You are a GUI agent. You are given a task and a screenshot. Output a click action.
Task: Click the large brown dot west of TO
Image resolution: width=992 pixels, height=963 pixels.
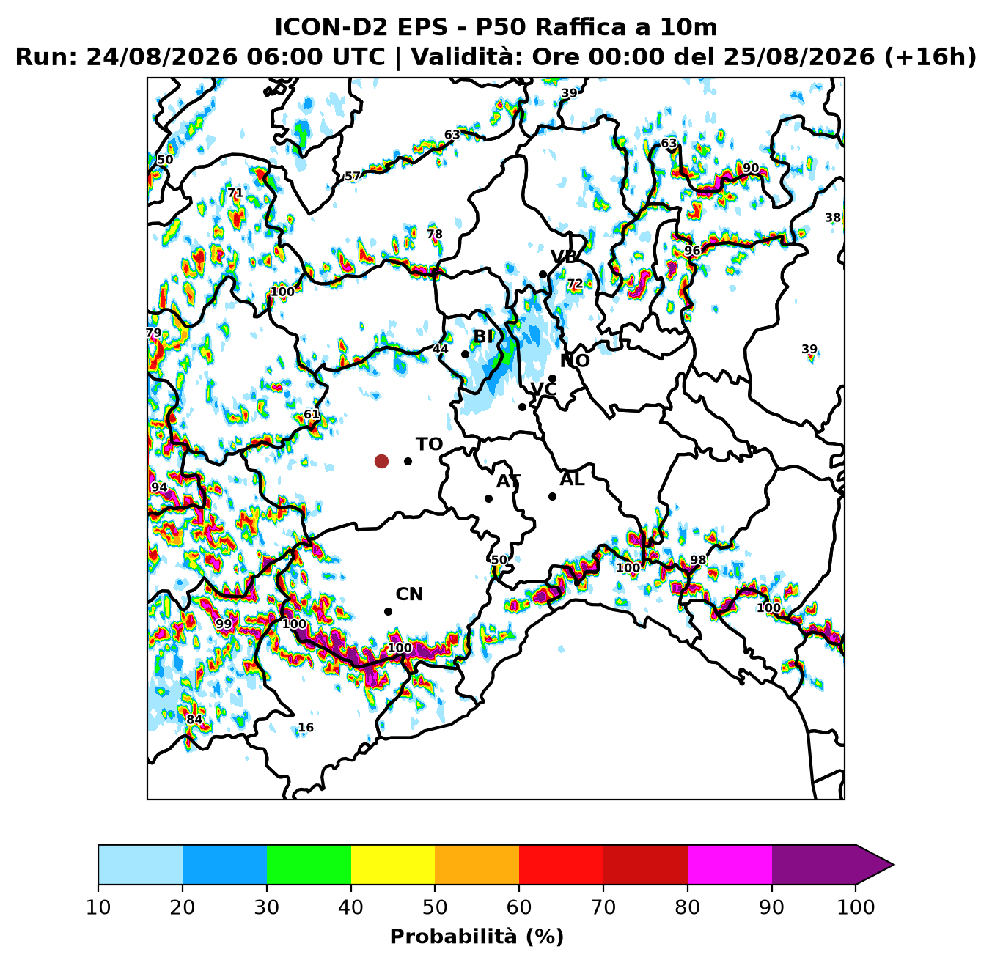[381, 461]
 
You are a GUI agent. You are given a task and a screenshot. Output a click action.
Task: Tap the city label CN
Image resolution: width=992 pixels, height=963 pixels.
[409, 594]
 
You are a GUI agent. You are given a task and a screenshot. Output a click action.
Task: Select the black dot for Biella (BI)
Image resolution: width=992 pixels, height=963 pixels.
[465, 354]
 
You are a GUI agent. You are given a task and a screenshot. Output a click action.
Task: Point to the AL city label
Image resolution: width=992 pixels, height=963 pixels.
[572, 479]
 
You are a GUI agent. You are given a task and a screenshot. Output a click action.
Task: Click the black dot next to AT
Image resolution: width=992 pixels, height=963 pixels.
[488, 498]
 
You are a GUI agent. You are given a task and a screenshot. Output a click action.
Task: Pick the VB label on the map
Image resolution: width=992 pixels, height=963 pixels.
[564, 257]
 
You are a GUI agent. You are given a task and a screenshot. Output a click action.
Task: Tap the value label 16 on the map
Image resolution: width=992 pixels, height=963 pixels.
[305, 728]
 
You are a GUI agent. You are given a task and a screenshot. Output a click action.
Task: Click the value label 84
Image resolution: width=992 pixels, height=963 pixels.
[194, 720]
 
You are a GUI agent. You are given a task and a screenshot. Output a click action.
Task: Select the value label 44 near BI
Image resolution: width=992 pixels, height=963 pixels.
[441, 349]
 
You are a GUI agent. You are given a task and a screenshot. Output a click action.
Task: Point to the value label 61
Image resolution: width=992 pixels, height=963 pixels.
[312, 414]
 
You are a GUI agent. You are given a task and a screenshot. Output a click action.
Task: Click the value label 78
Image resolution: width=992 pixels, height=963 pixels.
[434, 235]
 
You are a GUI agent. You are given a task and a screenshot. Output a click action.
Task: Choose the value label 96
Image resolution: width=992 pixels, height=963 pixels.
[692, 251]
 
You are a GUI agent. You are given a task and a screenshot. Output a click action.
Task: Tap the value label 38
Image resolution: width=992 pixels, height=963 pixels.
[832, 218]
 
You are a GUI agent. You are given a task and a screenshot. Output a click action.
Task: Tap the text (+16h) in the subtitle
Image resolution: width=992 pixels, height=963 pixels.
[930, 57]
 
